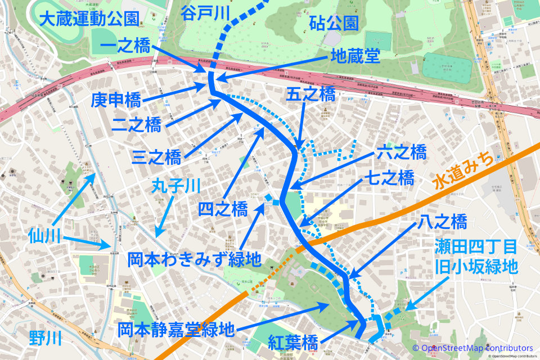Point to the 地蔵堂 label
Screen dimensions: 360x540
[354, 55]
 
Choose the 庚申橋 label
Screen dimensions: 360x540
[116, 101]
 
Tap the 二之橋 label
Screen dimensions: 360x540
[136, 125]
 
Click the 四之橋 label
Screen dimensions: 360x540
[223, 210]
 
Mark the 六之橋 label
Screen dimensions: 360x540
[401, 152]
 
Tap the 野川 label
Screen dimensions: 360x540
[45, 338]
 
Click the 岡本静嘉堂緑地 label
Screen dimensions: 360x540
[175, 329]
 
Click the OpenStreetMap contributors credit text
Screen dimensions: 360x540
[472, 348]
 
